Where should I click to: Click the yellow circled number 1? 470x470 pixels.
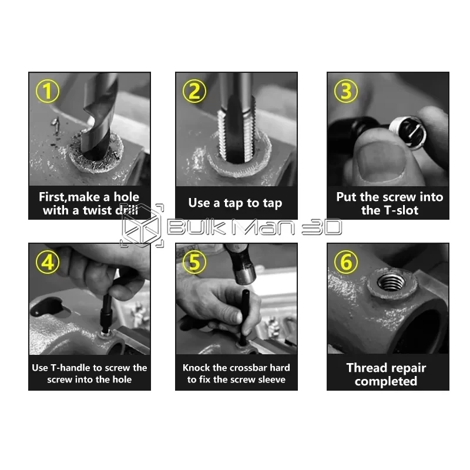[x=48, y=91]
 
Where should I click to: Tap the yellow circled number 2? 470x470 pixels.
[x=194, y=91]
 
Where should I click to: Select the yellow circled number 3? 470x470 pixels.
[x=346, y=91]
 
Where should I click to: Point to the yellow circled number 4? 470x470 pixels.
[x=48, y=262]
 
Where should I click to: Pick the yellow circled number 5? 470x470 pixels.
[x=194, y=262]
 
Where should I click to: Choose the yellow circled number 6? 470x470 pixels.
[x=346, y=262]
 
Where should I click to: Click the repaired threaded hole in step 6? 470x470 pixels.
[x=391, y=282]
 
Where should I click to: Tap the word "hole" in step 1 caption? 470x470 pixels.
[x=126, y=197]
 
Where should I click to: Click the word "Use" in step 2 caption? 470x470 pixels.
[x=199, y=203]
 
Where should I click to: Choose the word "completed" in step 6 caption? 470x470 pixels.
[x=386, y=381]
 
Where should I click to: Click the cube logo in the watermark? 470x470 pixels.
[x=142, y=226]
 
